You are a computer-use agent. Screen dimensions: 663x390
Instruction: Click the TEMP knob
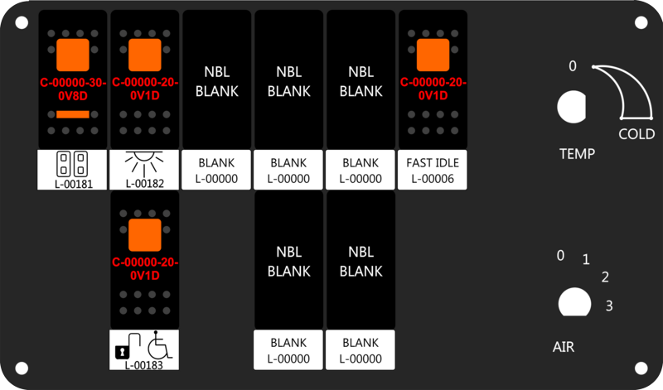point(571,107)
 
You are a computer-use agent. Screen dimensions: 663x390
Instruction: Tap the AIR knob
point(574,302)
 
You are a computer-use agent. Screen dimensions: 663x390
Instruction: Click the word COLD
point(636,134)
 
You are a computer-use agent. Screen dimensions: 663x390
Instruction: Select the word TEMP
point(577,153)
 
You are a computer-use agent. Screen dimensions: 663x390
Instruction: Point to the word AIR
point(564,347)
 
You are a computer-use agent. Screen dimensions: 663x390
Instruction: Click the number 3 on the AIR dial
point(609,306)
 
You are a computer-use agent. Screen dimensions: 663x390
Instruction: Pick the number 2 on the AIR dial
point(605,277)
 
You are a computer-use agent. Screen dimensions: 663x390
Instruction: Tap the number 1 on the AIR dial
point(586,259)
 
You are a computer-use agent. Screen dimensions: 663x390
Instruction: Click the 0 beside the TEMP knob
point(572,66)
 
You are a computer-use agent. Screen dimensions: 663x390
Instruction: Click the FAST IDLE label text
point(433,162)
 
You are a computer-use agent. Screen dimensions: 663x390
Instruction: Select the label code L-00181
point(74,184)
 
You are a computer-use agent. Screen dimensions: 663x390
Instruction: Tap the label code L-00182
point(144,184)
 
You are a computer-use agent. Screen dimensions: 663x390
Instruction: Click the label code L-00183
point(143,365)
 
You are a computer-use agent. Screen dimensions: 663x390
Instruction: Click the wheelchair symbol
point(159,344)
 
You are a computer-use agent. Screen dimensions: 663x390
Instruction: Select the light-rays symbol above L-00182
point(144,162)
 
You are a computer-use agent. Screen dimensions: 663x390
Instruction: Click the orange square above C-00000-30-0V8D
point(73,55)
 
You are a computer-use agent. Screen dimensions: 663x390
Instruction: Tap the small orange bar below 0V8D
point(73,114)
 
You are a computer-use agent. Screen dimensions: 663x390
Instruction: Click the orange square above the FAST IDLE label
point(433,55)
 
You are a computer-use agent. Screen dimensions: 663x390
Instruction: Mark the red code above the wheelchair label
point(145,269)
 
